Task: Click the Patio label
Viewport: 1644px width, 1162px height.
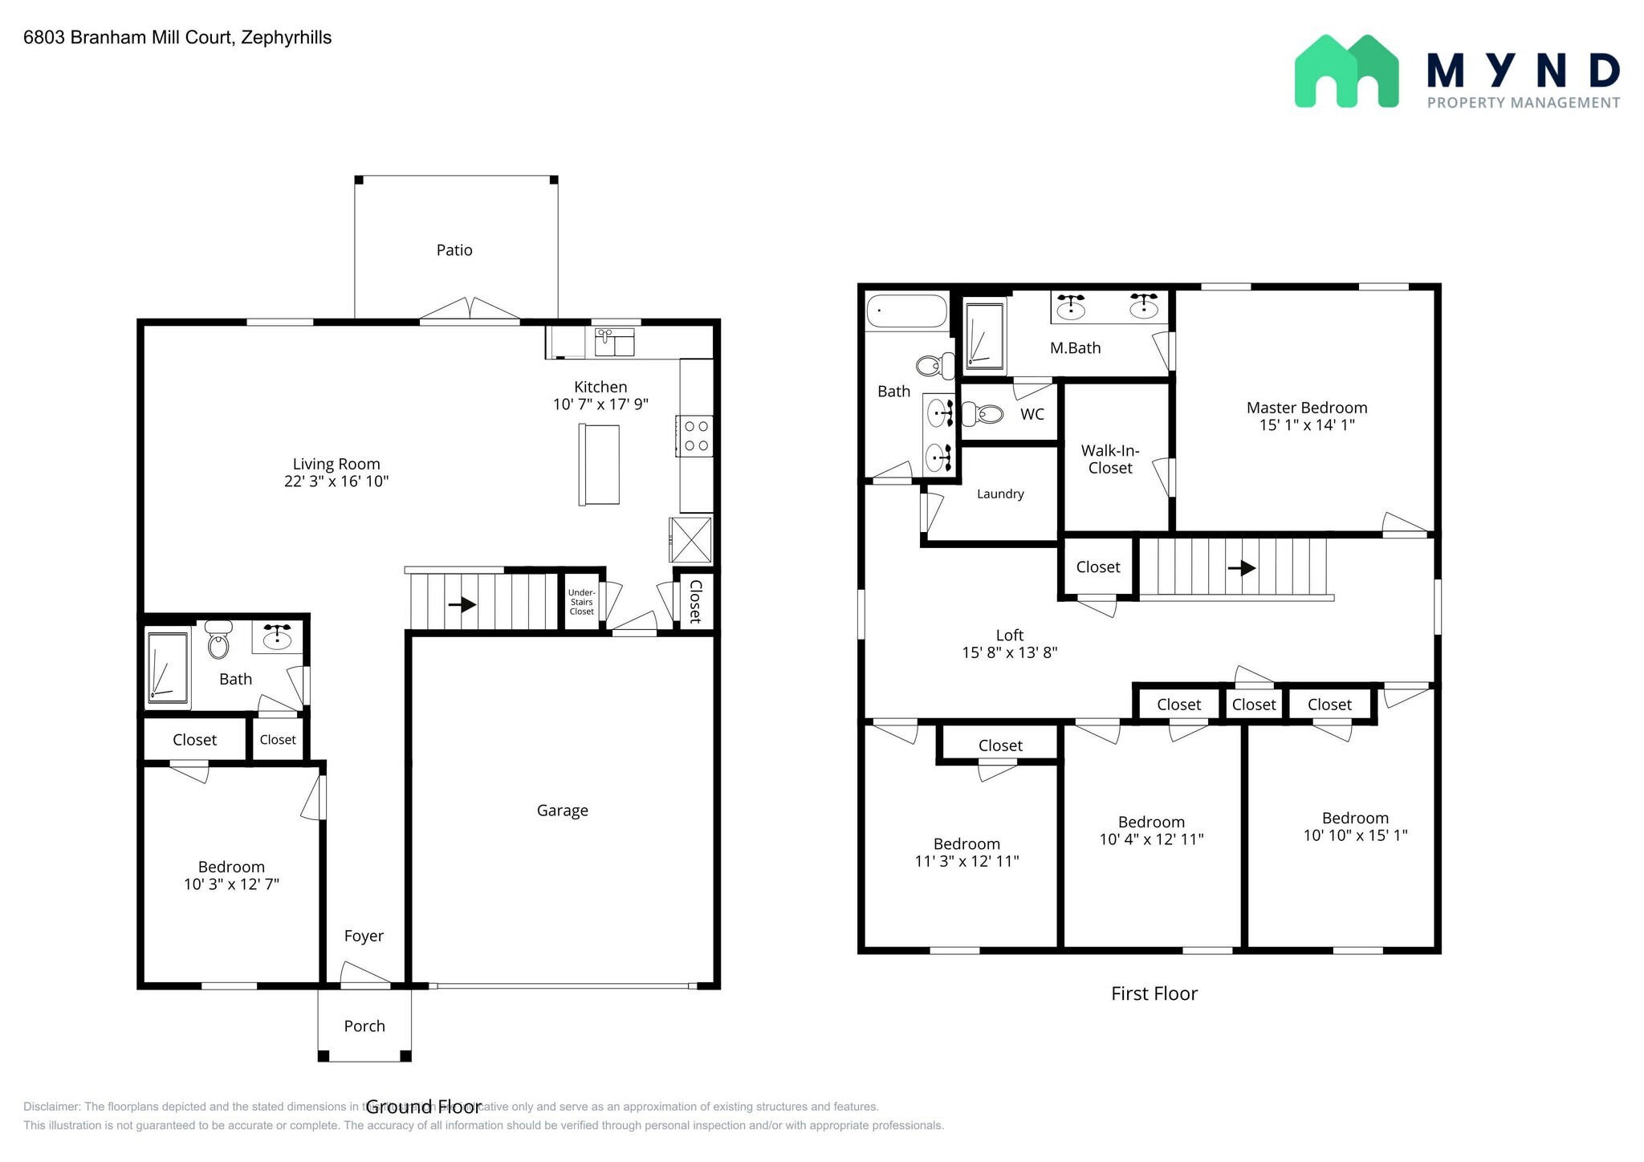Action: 454,250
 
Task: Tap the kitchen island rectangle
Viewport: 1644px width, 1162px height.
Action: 599,465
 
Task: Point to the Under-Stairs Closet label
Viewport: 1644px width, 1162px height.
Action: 581,602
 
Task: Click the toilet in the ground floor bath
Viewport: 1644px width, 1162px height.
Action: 218,641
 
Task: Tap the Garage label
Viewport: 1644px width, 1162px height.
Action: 562,811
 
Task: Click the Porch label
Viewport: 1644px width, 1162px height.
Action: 364,1026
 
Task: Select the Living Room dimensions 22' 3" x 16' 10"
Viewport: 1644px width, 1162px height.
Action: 336,481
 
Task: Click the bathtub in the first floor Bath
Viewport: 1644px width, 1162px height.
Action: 907,311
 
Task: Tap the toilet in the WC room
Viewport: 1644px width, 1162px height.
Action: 983,415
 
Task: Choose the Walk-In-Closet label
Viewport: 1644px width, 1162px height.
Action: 1110,459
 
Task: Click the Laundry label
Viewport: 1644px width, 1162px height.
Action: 1000,494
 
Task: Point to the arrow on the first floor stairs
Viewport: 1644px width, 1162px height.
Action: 1242,568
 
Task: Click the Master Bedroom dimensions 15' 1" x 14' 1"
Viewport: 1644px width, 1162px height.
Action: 1307,425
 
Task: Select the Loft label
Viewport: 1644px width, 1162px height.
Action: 1009,636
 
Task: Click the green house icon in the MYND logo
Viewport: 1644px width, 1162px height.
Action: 1346,72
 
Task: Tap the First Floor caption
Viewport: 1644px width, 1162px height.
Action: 1154,993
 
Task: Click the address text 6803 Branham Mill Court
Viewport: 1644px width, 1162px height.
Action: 128,38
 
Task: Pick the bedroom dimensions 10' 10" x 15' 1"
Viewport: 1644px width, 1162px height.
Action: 1355,835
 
